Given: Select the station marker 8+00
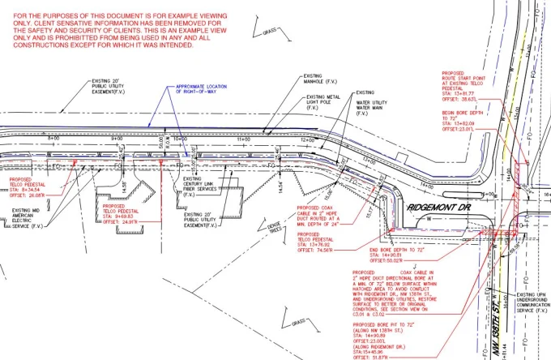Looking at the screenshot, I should click(54, 139).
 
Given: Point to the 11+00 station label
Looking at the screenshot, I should click(241, 139).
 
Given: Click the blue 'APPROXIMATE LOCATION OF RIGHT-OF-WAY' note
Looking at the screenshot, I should click(188, 92).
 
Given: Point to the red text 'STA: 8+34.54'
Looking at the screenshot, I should click(27, 189).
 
